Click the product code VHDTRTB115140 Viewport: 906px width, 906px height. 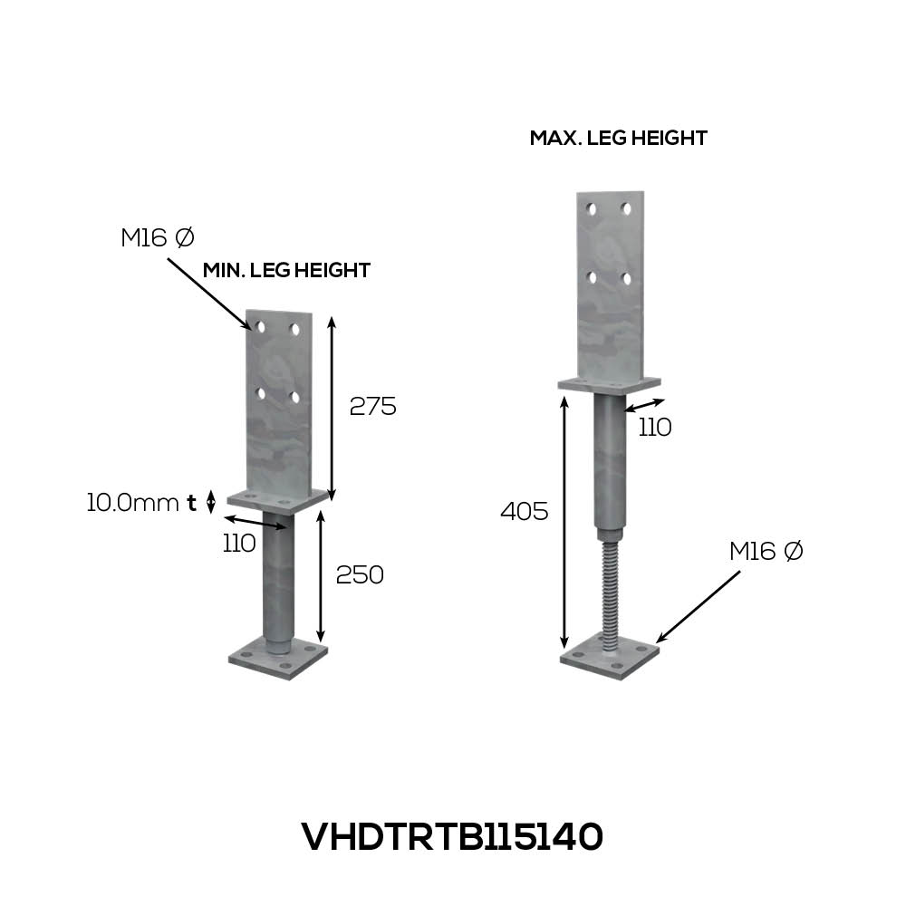pos(452,836)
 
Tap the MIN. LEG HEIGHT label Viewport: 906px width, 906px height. pos(286,270)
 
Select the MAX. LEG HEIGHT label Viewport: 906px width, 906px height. pos(618,138)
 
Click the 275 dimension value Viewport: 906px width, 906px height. pos(372,407)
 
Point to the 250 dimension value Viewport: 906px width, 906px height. pos(360,575)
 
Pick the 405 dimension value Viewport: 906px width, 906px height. pos(524,511)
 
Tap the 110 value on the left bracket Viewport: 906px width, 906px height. pos(239,543)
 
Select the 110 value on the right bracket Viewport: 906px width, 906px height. pos(655,428)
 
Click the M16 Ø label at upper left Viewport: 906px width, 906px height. pos(157,237)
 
